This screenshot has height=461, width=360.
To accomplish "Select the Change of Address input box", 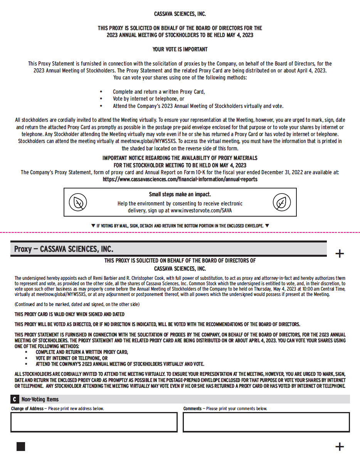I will [x=94, y=422].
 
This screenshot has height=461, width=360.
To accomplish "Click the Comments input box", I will [x=266, y=422].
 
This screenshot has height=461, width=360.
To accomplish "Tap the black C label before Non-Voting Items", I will [x=15, y=399].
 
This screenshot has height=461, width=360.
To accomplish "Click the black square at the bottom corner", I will [x=21, y=446].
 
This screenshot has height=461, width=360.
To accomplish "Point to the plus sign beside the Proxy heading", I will [x=340, y=254].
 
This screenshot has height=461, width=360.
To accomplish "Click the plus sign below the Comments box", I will [x=340, y=447].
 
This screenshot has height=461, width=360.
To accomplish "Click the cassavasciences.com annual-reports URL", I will [x=180, y=179].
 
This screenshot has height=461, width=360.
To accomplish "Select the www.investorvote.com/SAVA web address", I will [x=201, y=210].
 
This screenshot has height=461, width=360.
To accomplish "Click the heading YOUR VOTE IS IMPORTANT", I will [x=180, y=49].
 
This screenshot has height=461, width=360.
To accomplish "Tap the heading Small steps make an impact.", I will [x=180, y=195].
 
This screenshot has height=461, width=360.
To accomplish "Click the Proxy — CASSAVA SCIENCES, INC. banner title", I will [x=64, y=249].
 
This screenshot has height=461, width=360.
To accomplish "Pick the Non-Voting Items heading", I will [x=40, y=399].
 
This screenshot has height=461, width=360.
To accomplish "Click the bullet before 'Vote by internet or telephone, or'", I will [x=101, y=99].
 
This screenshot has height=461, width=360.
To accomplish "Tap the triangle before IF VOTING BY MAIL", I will [x=93, y=225].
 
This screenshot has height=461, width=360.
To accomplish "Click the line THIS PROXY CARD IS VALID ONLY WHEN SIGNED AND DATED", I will [x=69, y=314].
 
